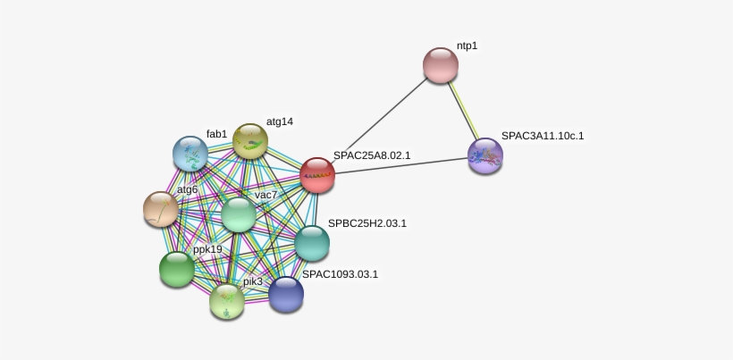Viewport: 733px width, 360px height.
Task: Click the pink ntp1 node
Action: pos(440,65)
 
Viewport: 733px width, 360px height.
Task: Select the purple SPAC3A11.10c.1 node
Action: pos(485,155)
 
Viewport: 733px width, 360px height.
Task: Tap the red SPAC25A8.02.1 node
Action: pos(317,175)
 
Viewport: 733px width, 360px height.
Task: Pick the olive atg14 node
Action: pos(250,141)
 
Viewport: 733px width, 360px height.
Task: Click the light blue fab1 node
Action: pos(190,154)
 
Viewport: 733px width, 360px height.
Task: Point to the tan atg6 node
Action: pos(161,209)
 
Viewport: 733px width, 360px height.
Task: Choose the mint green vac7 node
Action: pos(239,214)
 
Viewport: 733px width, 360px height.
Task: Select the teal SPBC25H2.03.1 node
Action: pos(312,243)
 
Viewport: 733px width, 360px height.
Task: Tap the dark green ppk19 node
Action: pos(177,269)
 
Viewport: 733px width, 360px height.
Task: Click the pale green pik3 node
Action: pos(227,301)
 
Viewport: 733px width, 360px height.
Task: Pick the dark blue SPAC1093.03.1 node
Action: pos(286,294)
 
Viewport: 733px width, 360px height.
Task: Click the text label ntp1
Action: pos(467,46)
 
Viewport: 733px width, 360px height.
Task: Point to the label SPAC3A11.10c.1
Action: pos(542,136)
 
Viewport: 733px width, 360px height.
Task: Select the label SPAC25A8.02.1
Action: pos(372,155)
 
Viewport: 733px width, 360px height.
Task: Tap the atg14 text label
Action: pos(280,121)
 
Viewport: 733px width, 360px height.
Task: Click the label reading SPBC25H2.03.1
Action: pos(367,223)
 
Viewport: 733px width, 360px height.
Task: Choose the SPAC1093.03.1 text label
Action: pos(340,274)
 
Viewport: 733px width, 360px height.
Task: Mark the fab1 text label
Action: pos(216,134)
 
